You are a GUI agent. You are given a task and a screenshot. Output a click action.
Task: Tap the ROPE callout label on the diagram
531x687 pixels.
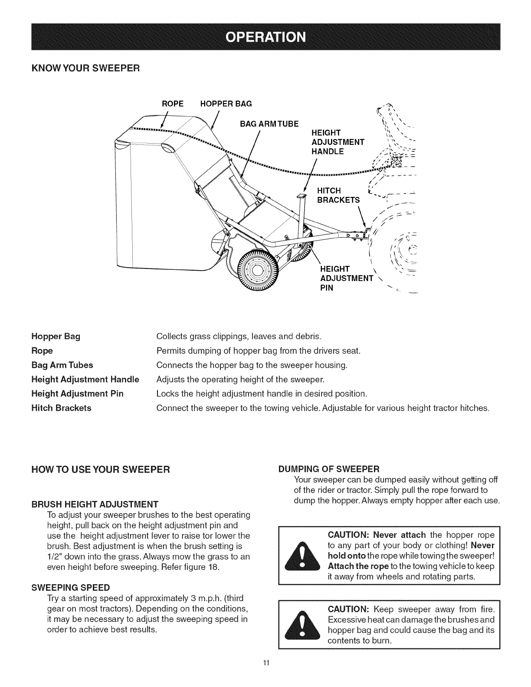tap(173, 104)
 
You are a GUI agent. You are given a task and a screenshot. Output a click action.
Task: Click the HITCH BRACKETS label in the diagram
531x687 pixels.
tap(339, 195)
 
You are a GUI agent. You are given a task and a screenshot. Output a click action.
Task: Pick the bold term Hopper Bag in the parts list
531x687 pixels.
tap(56, 336)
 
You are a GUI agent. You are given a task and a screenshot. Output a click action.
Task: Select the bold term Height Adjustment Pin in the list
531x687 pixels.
tap(78, 393)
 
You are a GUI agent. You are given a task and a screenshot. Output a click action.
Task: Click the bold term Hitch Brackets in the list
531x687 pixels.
tap(62, 408)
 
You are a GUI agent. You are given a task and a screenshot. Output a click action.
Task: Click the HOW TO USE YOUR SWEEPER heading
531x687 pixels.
tap(99, 469)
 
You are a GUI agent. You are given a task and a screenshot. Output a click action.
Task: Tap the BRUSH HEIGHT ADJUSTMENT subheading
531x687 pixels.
tap(95, 504)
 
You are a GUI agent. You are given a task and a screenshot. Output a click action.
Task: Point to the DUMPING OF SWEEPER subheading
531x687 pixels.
tap(329, 469)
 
